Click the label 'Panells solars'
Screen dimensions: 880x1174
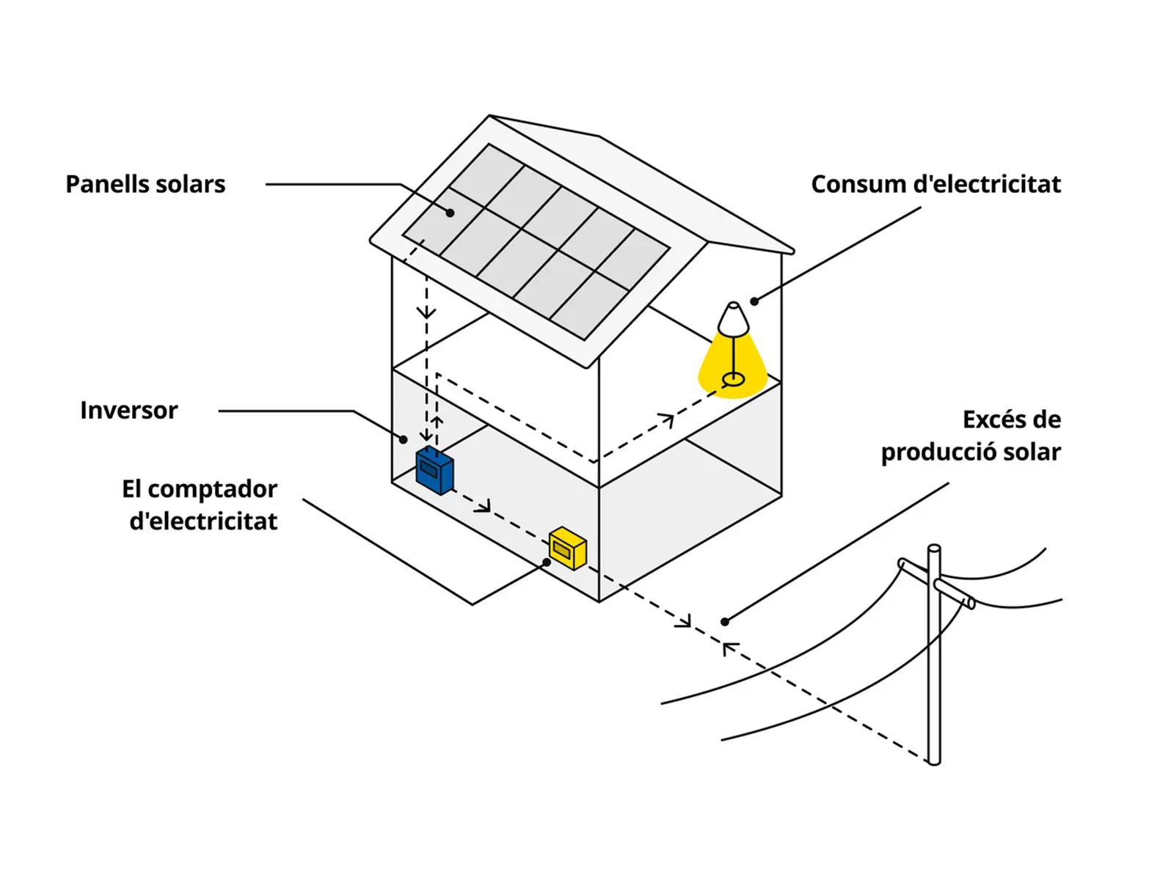[145, 184]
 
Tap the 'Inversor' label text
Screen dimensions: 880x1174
[129, 411]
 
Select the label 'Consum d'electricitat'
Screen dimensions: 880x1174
[936, 184]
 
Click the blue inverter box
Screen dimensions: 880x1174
[434, 471]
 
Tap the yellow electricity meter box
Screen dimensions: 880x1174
[568, 548]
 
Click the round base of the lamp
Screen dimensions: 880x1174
[733, 379]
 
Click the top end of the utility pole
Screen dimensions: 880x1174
[934, 549]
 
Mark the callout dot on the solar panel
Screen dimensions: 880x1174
[451, 213]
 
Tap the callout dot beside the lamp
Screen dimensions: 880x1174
[754, 301]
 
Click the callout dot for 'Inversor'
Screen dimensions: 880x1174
[404, 439]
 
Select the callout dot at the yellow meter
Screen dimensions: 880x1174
[547, 562]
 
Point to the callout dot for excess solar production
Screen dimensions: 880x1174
[725, 622]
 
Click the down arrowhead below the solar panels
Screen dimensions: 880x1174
[426, 312]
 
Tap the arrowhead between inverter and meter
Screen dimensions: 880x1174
[484, 507]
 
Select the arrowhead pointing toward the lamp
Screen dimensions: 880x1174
[667, 419]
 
